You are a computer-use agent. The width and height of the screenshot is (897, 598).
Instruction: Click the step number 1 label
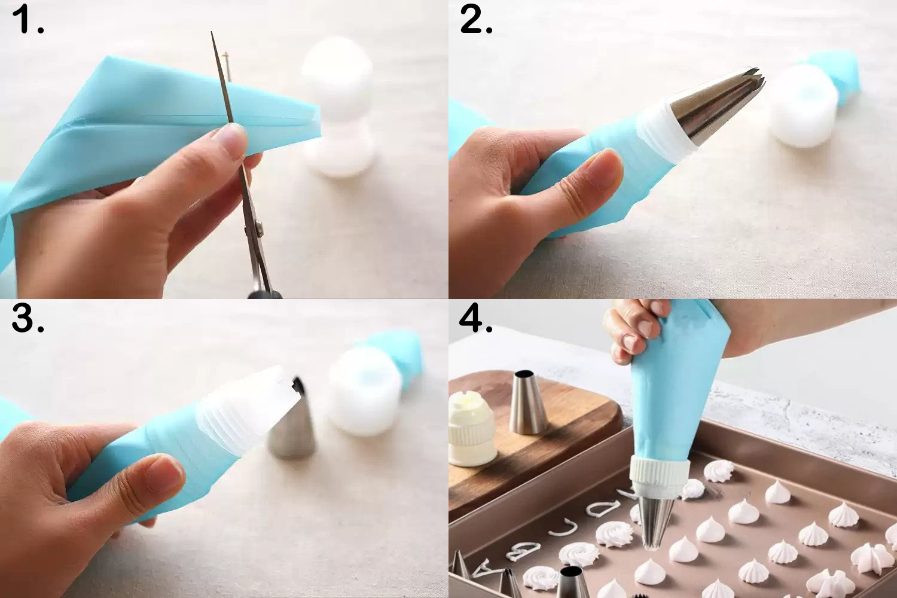(x=28, y=19)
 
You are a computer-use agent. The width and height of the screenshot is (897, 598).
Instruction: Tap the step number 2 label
(x=476, y=19)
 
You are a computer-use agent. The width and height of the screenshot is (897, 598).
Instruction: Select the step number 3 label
(x=28, y=318)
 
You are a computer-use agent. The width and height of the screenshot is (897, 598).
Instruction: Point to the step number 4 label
(x=476, y=318)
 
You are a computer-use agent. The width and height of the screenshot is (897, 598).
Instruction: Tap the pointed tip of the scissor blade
(x=212, y=33)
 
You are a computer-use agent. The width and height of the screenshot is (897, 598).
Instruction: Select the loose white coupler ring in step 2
(x=803, y=106)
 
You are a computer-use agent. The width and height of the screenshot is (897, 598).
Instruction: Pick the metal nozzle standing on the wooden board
(x=529, y=402)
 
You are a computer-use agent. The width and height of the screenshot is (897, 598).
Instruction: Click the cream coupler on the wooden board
(x=472, y=429)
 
